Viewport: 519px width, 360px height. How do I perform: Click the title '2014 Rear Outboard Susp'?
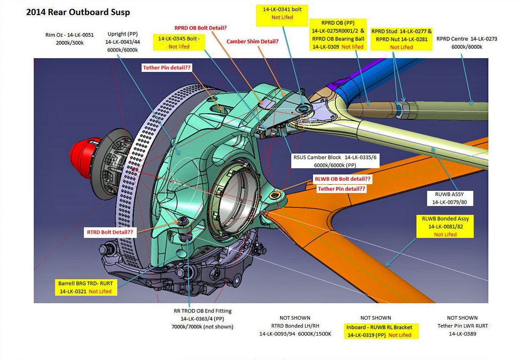point(78,12)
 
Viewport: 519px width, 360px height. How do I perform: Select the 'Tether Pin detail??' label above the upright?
point(167,68)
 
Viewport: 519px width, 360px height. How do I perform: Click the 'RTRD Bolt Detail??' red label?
point(110,232)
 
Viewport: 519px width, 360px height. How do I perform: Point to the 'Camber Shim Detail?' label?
point(253,41)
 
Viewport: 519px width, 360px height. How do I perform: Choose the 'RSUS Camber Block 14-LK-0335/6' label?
point(335,161)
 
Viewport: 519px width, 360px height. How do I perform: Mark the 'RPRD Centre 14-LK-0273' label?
point(467,43)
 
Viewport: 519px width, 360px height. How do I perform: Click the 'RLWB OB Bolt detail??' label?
point(342,179)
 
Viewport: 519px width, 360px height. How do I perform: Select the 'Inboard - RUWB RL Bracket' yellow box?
point(381,331)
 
